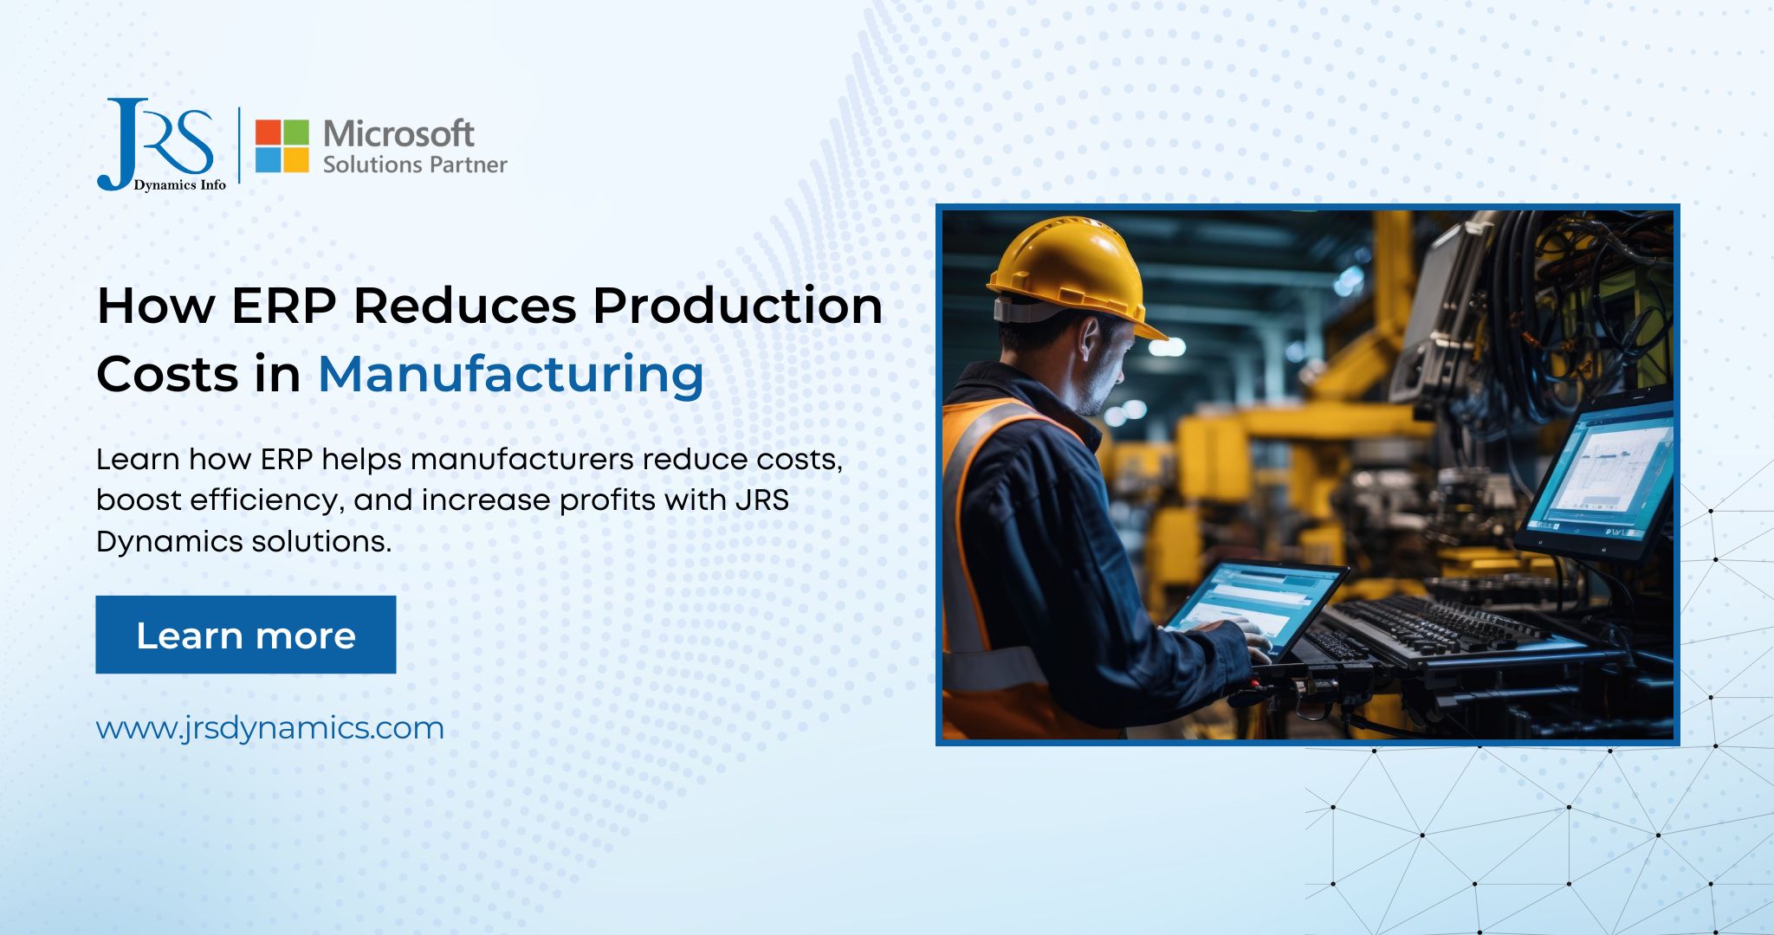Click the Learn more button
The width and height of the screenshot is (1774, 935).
[245, 635]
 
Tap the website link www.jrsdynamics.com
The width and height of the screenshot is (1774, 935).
[269, 728]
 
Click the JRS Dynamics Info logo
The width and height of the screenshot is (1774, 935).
[160, 145]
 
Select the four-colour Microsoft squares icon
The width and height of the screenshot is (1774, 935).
[282, 146]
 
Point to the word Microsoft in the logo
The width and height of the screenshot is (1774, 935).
[398, 134]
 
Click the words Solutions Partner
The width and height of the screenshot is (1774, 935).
[415, 164]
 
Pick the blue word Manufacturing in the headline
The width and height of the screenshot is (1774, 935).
[511, 374]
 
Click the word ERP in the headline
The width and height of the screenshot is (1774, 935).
[283, 306]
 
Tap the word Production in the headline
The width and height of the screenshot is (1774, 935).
[737, 306]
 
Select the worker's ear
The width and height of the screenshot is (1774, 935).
[1091, 343]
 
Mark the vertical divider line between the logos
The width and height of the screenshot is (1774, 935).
[240, 145]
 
